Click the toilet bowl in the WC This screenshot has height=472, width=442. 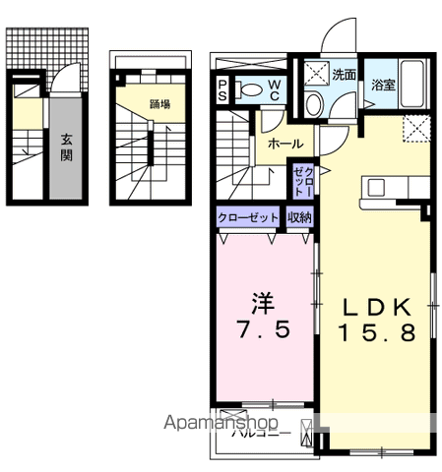(x=251, y=91)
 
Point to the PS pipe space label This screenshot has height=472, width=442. (x=223, y=90)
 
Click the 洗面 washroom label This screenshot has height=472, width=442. (x=344, y=73)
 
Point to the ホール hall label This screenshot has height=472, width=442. (x=285, y=144)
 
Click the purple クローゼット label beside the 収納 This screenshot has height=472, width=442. (x=249, y=217)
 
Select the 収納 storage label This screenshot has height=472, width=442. (x=300, y=217)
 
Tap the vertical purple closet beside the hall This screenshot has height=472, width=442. (x=301, y=183)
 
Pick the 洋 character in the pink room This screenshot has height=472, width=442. (x=262, y=301)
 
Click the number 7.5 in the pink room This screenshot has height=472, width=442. (x=263, y=331)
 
